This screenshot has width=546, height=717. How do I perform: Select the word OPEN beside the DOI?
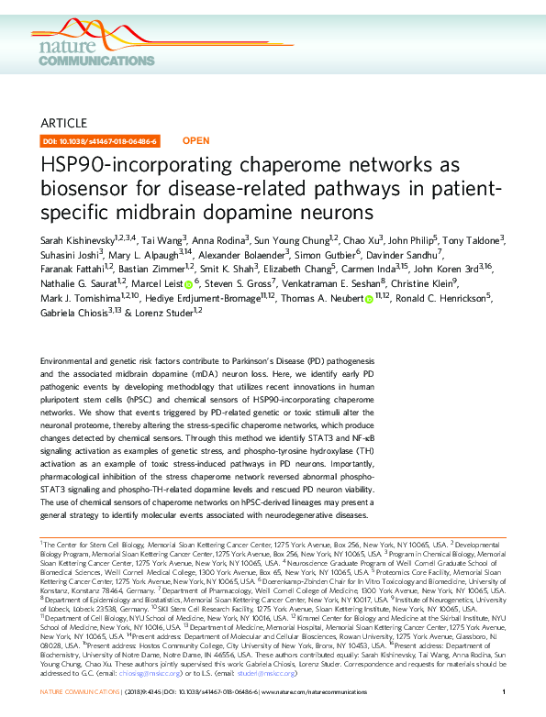click(x=196, y=141)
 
